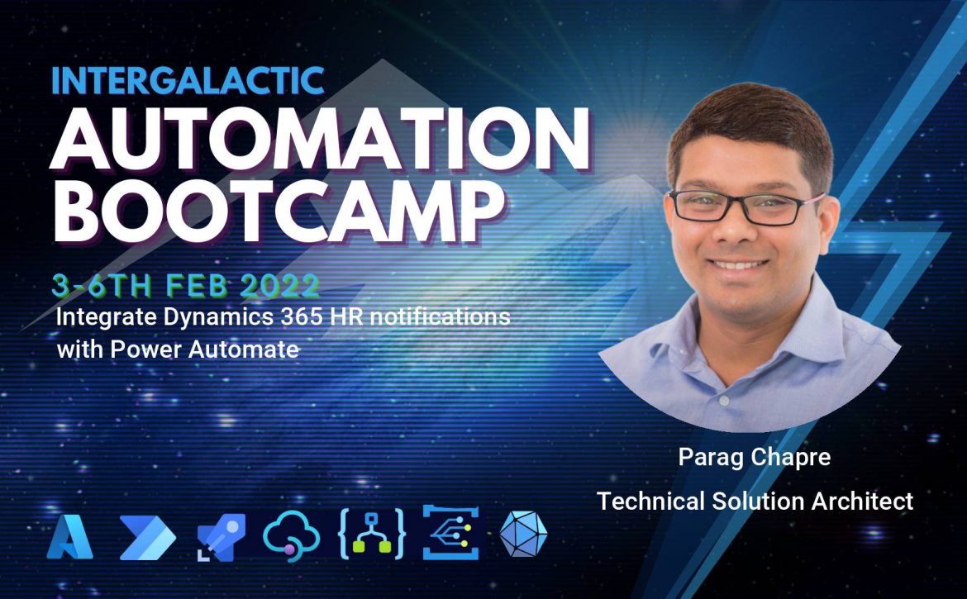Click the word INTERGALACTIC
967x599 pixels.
pyautogui.click(x=188, y=80)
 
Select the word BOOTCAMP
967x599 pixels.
pyautogui.click(x=279, y=210)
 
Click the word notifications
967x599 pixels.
pyautogui.click(x=440, y=316)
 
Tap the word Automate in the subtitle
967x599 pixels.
pyautogui.click(x=244, y=349)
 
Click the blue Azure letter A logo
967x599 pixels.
pyautogui.click(x=69, y=537)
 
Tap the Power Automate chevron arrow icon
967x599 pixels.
pyautogui.click(x=147, y=537)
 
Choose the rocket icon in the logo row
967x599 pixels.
pyautogui.click(x=221, y=537)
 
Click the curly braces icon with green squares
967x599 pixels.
pyautogui.click(x=371, y=535)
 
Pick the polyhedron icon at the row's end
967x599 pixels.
pyautogui.click(x=523, y=535)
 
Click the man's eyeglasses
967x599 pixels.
pyautogui.click(x=746, y=207)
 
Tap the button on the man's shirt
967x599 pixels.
pyautogui.click(x=724, y=401)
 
